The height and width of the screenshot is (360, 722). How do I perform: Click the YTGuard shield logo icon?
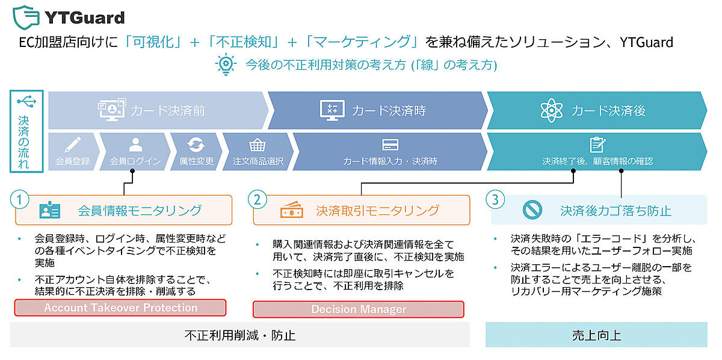pos(25,16)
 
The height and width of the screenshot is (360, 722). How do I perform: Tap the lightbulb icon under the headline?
pos(226,64)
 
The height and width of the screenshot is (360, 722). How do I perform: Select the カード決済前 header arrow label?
pos(167,110)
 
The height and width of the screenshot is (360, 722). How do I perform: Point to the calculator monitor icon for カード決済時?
pos(330,110)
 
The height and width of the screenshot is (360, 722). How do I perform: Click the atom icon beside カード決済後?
pos(551,110)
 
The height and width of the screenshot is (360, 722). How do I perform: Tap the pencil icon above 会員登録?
pos(72,145)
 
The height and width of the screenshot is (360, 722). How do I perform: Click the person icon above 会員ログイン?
pos(135,145)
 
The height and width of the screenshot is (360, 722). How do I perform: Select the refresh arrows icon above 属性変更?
pos(196,145)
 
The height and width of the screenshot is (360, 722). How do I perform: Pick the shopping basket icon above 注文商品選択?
pos(258,145)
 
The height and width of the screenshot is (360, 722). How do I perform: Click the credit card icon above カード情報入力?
pos(390,145)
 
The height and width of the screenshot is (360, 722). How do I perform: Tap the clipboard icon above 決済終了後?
pos(597,145)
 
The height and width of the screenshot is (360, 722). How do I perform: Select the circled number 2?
pos(258,199)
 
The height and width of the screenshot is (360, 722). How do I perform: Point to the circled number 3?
pos(495,199)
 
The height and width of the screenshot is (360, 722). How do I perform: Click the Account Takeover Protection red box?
pos(120,308)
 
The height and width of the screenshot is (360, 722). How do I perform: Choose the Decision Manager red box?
pos(358,309)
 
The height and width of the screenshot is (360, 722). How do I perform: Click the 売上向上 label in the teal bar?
pos(596,335)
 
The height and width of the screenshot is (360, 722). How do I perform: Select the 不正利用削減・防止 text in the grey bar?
pos(239,335)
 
